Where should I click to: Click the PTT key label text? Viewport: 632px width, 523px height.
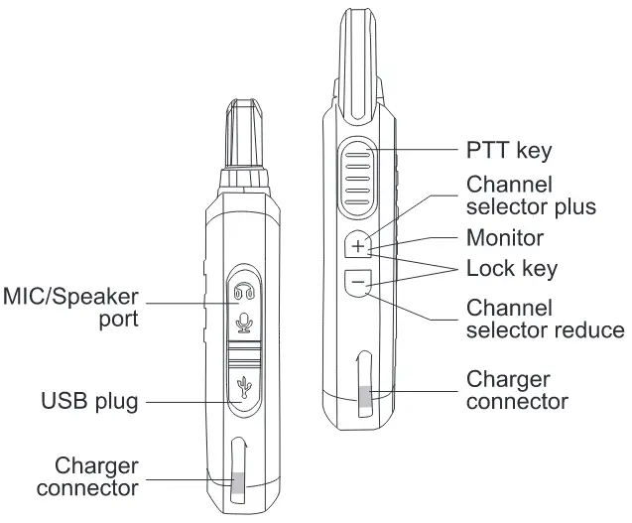point(509,150)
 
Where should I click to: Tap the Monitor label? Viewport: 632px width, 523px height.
point(505,238)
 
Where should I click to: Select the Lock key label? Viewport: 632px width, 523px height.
point(512,268)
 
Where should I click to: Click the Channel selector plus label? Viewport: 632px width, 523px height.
point(531,196)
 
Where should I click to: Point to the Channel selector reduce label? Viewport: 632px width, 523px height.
point(546,319)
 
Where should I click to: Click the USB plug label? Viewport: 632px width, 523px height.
point(89,402)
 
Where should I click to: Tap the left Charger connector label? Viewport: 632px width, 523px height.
point(96,476)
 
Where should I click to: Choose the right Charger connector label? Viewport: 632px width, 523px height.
point(517,390)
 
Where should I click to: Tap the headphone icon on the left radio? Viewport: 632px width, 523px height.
point(245,292)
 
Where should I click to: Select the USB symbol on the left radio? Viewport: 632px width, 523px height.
point(245,388)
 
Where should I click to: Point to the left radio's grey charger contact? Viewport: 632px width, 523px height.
point(238,485)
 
